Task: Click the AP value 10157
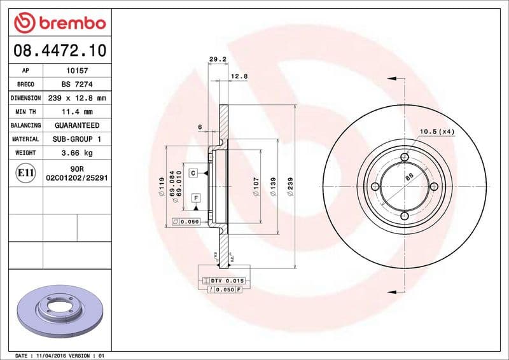coord(77,71)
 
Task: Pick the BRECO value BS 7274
coord(77,85)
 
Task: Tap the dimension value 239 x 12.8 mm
coord(77,98)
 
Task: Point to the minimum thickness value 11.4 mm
coord(77,112)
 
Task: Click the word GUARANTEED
coord(77,125)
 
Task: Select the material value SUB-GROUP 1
coord(77,139)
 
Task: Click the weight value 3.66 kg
coord(77,153)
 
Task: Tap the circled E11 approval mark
coord(25,172)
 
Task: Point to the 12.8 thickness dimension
coord(239,76)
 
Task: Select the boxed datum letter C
coord(193,172)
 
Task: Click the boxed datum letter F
coord(196,198)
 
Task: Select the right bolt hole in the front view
coord(434,186)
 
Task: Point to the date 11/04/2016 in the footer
coord(56,355)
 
